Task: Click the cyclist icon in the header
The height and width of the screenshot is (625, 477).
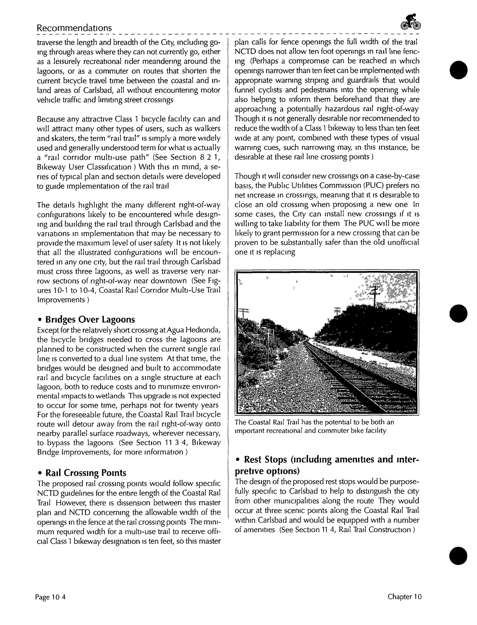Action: click(x=411, y=22)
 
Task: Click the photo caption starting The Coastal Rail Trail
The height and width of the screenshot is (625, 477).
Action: click(x=315, y=426)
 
